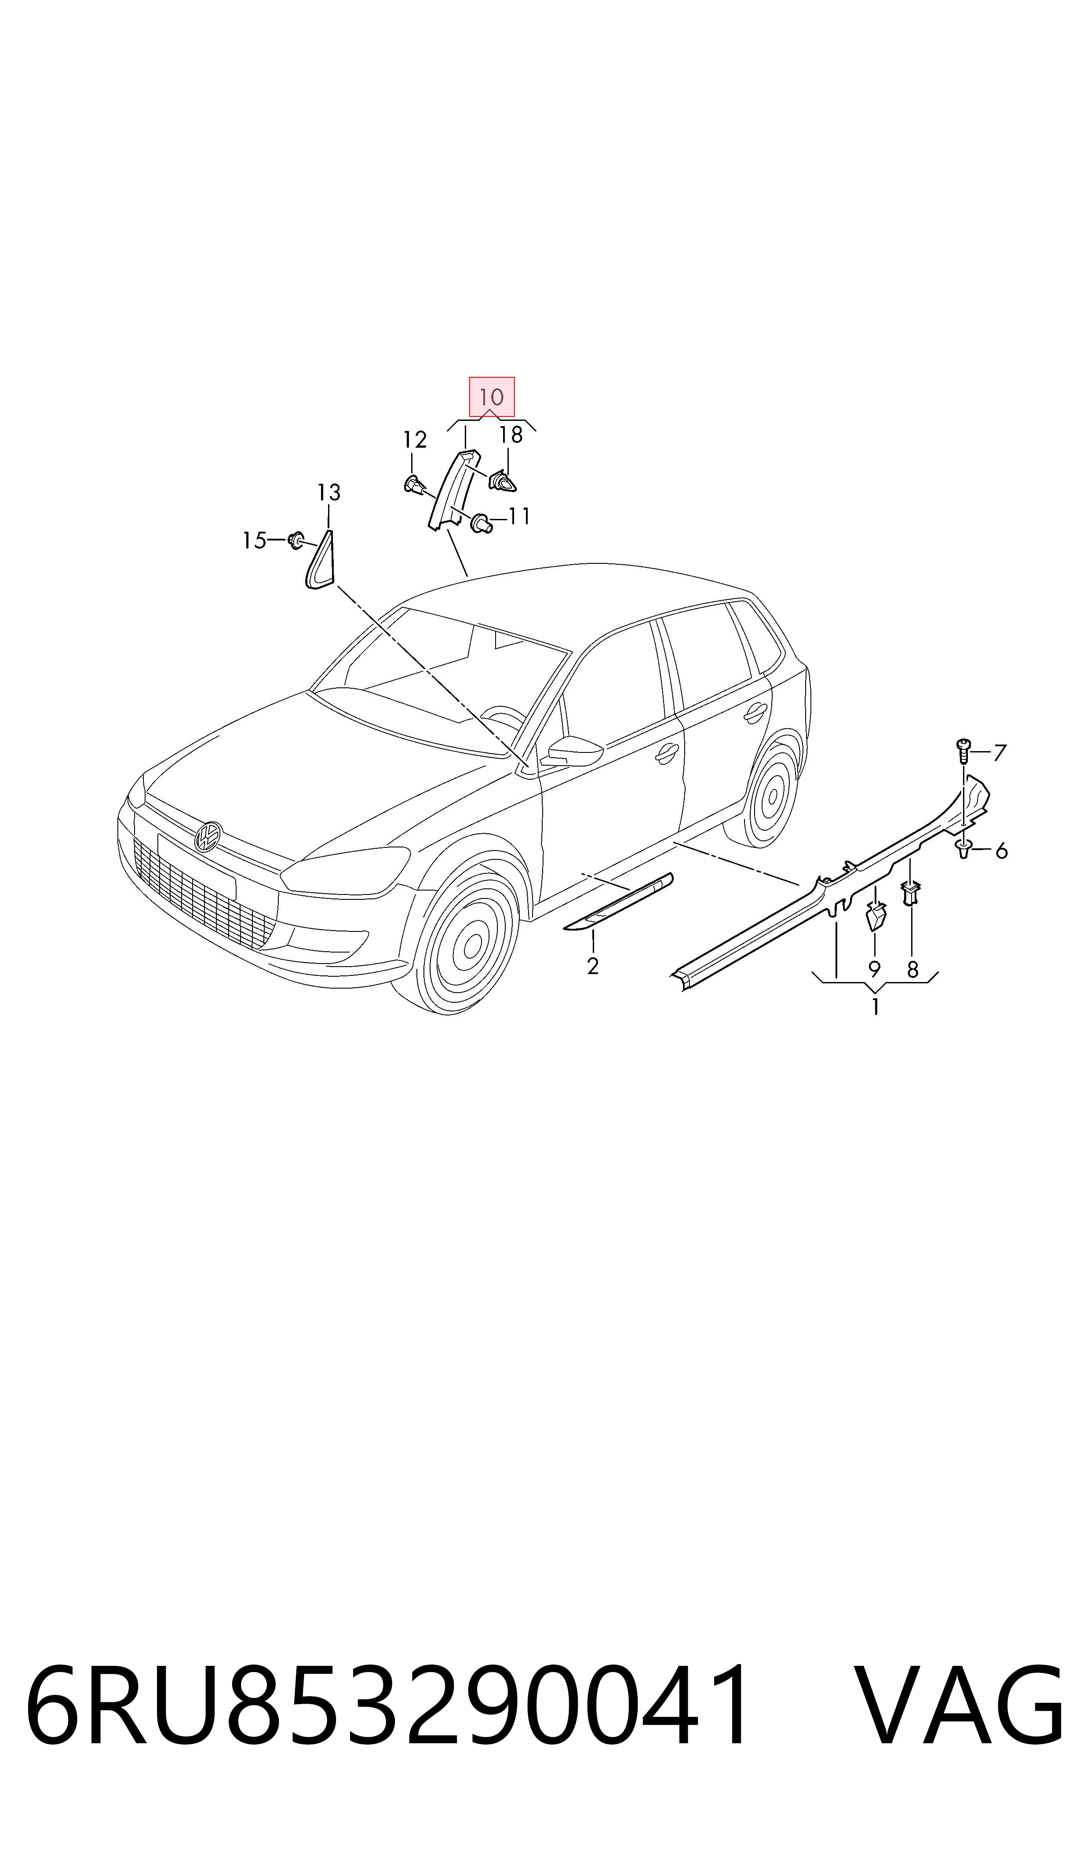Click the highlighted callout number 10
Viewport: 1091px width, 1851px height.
pos(491,398)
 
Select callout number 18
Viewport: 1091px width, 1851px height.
pos(511,435)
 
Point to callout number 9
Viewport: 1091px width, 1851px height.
pos(874,969)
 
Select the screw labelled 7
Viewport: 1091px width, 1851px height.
pos(962,751)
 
